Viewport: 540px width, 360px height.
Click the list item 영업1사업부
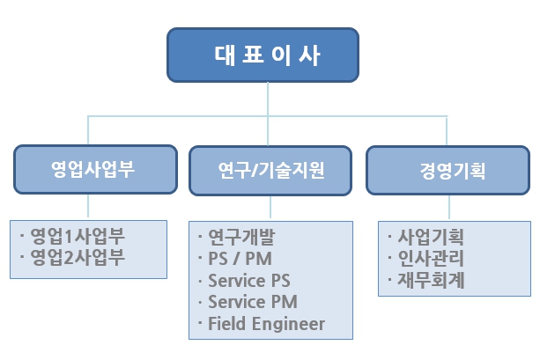click(78, 237)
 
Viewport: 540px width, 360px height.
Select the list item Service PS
click(248, 282)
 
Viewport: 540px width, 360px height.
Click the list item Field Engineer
click(266, 324)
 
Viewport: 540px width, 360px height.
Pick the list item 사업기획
click(431, 238)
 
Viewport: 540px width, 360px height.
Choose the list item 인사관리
click(431, 259)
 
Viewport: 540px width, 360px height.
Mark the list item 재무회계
click(431, 281)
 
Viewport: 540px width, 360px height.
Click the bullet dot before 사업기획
click(390, 238)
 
